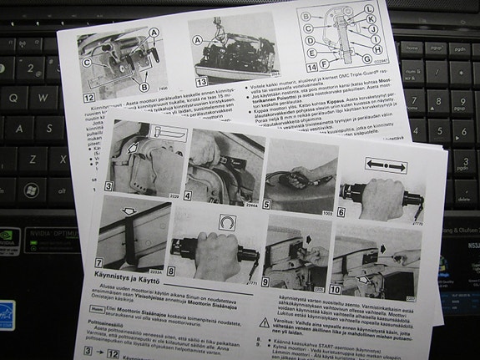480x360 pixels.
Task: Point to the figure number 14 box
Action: pyautogui.click(x=311, y=66)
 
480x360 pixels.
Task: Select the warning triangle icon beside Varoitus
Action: pyautogui.click(x=264, y=322)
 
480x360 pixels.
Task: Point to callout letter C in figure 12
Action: pyautogui.click(x=86, y=62)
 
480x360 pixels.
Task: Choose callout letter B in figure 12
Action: pyautogui.click(x=144, y=87)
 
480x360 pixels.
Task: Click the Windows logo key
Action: pyautogui.click(x=31, y=190)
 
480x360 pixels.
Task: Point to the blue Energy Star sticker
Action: pyautogui.click(x=7, y=318)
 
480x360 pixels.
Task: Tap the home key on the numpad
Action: pyautogui.click(x=410, y=48)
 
